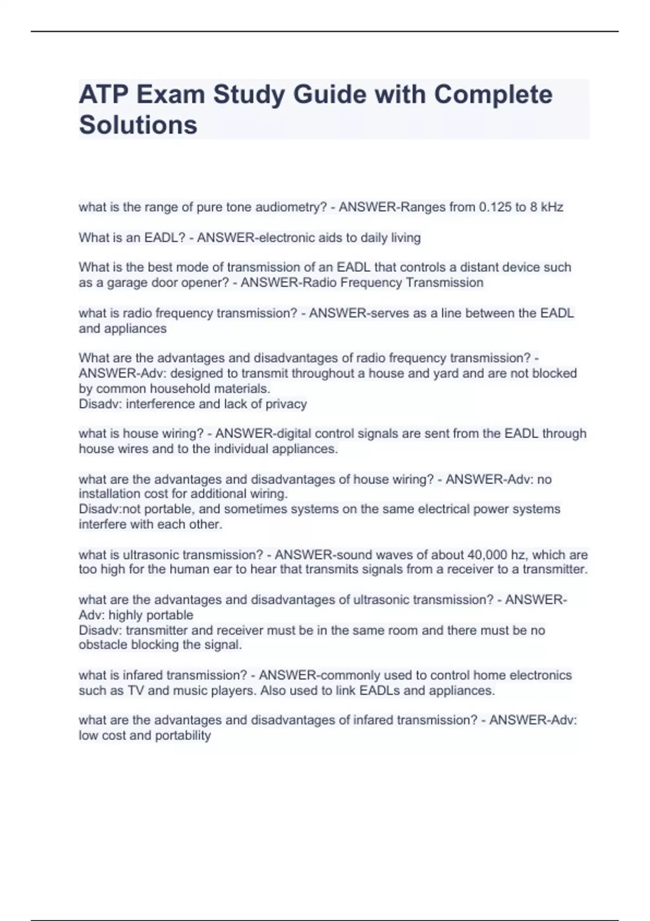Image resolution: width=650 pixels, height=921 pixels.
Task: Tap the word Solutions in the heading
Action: [138, 125]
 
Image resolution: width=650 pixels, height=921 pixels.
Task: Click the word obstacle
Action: [103, 645]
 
